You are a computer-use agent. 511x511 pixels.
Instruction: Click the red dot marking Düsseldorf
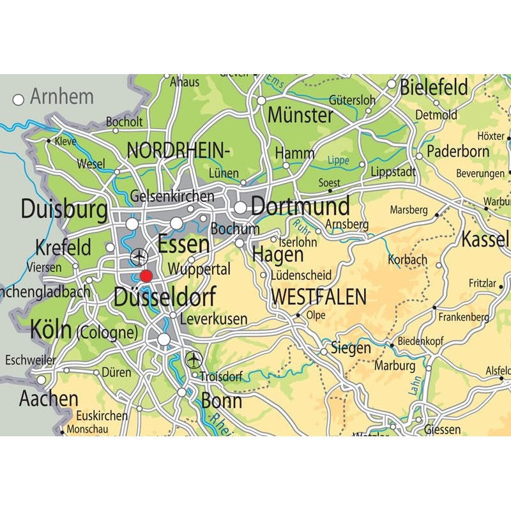coord(146,276)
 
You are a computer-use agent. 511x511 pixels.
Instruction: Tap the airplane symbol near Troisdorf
coord(194,360)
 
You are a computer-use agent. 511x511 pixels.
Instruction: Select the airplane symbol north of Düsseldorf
coord(139,257)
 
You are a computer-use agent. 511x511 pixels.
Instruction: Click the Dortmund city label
coord(300,206)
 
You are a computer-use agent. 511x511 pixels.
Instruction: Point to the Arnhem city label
coord(62,97)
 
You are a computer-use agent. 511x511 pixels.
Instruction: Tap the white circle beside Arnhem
coord(19,100)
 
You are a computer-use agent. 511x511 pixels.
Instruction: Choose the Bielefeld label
coord(434,88)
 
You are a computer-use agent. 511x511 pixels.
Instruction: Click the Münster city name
coord(300,116)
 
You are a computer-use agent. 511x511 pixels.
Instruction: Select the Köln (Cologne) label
coord(84,331)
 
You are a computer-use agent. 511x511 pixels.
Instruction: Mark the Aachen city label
coord(49,399)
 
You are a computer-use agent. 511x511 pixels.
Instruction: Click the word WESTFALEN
coord(319,297)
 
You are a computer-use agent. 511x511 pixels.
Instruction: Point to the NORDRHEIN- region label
coord(178,151)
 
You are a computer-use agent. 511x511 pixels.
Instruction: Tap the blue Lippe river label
coord(339,160)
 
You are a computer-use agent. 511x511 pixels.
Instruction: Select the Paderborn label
coord(458,152)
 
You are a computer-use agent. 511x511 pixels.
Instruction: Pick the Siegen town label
coord(350,348)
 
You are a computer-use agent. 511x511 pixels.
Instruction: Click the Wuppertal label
coord(199,270)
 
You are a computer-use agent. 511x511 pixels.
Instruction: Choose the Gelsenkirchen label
coord(172,196)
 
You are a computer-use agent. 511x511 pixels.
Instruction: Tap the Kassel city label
coord(485,240)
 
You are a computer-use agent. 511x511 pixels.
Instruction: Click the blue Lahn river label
coord(413,386)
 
